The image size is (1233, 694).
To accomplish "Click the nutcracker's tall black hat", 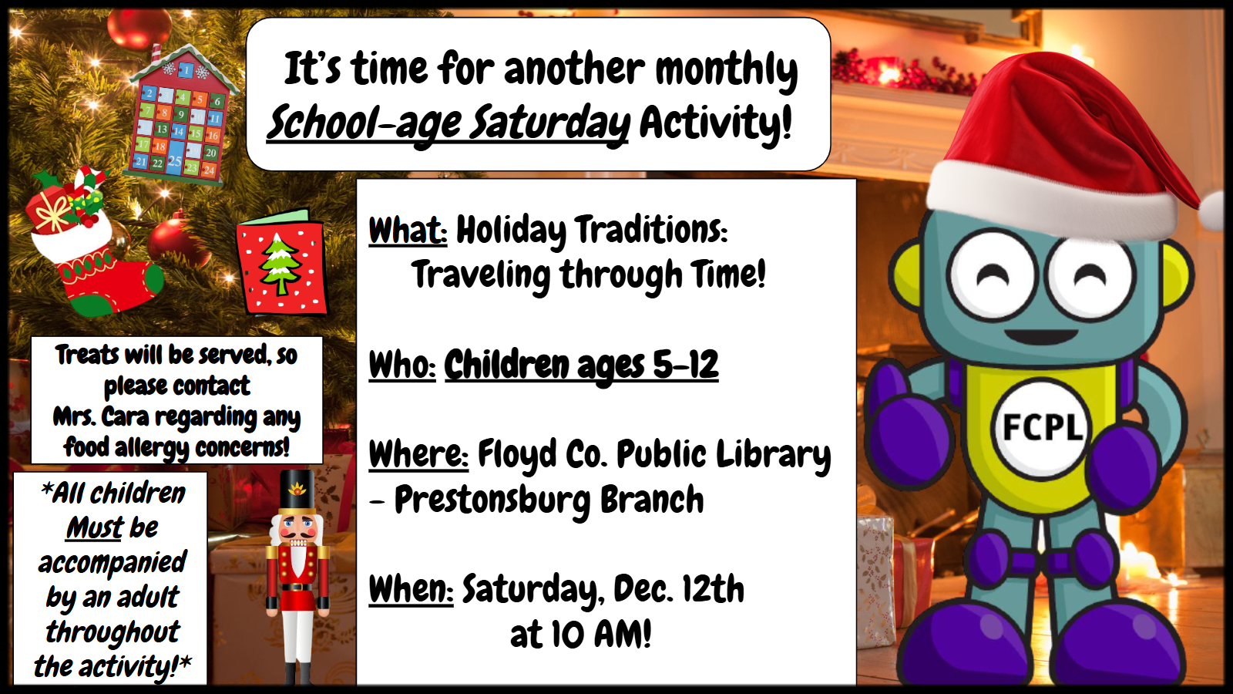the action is click(297, 491).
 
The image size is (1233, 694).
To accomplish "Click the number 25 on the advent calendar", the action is click(174, 161).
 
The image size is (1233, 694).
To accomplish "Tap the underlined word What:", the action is click(408, 231).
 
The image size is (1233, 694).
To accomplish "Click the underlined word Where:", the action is click(418, 454).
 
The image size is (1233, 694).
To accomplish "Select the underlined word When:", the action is click(412, 588).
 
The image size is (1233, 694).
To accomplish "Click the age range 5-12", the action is click(685, 365).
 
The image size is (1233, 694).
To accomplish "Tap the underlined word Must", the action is click(96, 527).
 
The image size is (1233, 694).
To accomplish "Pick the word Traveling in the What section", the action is click(481, 275).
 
